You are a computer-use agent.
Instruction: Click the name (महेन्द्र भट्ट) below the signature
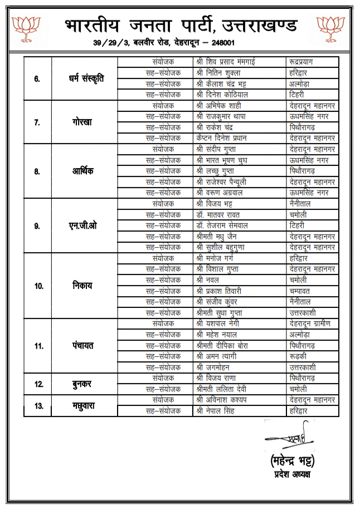(x=291, y=462)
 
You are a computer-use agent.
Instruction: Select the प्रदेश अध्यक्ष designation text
(x=291, y=474)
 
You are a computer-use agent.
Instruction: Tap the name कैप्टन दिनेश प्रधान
(x=221, y=138)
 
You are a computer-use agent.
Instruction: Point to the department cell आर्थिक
(x=83, y=171)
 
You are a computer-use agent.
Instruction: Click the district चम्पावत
(x=300, y=291)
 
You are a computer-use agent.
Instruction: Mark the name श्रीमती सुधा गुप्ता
(x=222, y=312)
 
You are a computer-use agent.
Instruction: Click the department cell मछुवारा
(x=84, y=405)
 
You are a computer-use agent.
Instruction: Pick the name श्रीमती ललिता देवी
(x=222, y=389)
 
